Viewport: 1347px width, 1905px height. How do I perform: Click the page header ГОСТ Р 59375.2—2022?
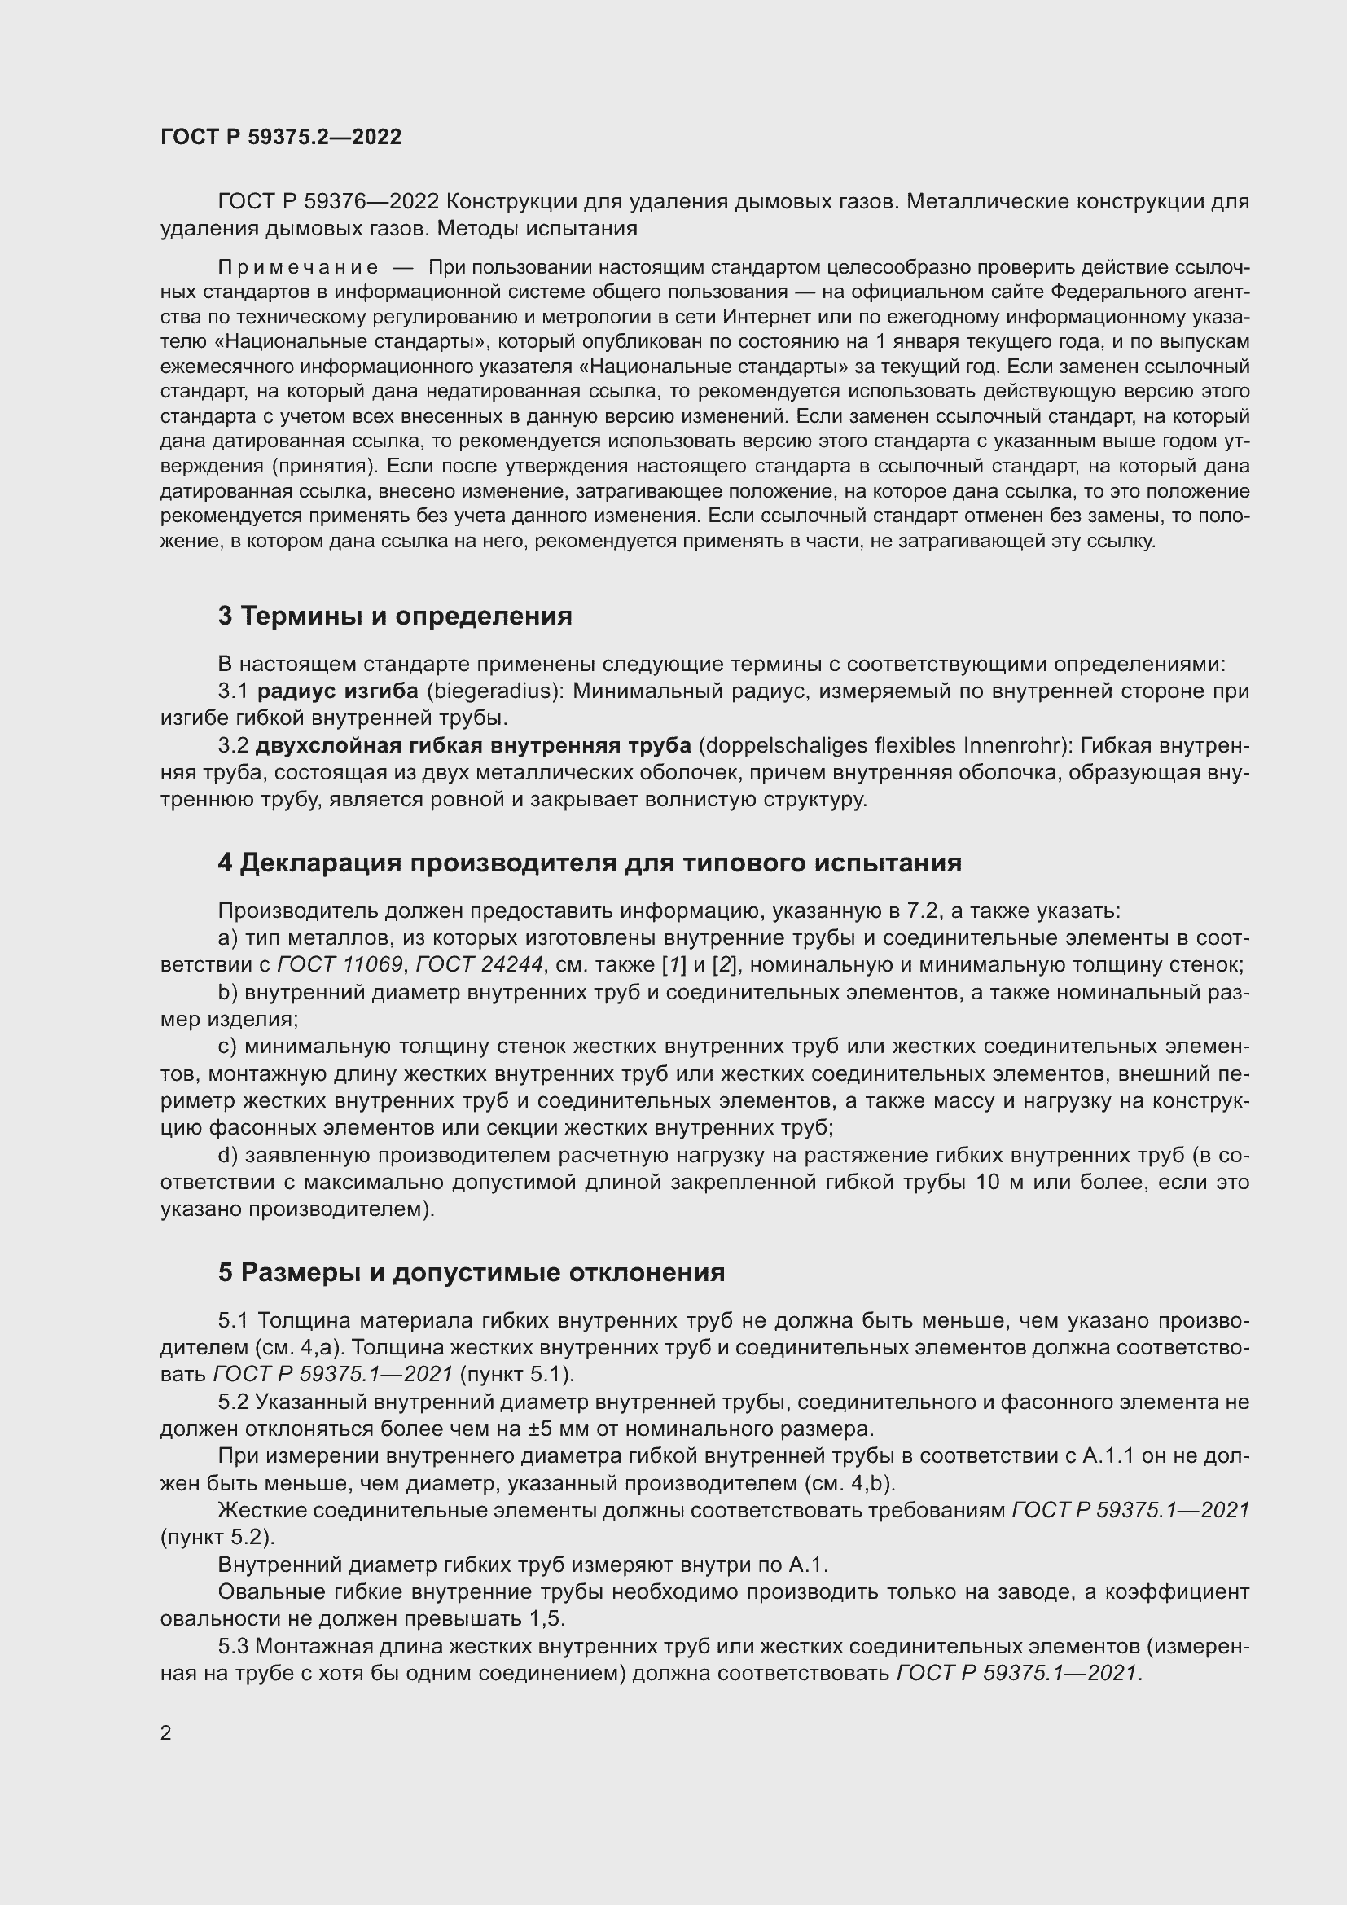(280, 138)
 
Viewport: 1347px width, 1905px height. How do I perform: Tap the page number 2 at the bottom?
(166, 1732)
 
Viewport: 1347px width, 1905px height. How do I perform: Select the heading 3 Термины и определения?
(395, 616)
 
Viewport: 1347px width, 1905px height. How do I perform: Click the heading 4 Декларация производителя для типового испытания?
(589, 863)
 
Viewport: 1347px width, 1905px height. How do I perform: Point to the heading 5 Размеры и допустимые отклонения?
(471, 1272)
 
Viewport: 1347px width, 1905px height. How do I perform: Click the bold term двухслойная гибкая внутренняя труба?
(473, 746)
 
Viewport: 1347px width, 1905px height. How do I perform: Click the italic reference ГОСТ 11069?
(340, 964)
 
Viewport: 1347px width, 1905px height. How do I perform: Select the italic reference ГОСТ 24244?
(479, 964)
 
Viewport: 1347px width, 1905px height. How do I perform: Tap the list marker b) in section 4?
(228, 991)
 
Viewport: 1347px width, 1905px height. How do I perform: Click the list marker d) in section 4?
(228, 1155)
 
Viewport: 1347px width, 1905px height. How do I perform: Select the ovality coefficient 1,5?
(547, 1619)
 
